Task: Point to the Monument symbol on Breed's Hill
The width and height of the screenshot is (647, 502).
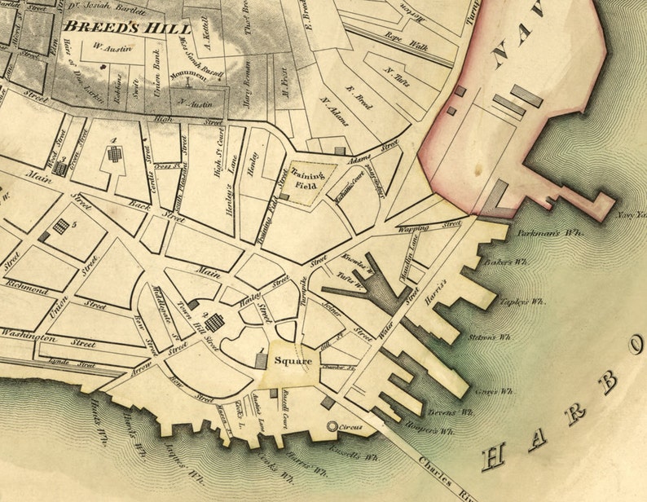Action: [x=188, y=80]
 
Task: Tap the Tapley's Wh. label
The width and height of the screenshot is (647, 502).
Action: [x=525, y=302]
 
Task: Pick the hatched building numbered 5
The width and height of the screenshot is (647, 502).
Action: [x=60, y=227]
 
